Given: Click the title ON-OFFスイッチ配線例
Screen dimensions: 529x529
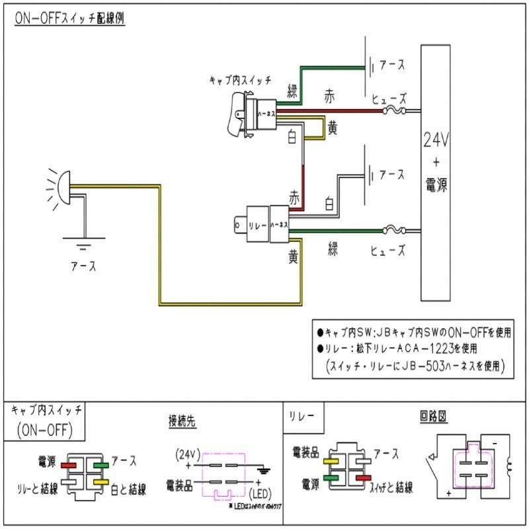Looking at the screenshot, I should [x=69, y=19].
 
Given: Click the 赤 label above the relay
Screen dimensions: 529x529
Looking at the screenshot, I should [x=294, y=197].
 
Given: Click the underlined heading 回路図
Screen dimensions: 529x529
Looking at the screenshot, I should [x=434, y=418].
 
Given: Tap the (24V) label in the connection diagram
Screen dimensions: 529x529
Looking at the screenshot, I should [x=187, y=454].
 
